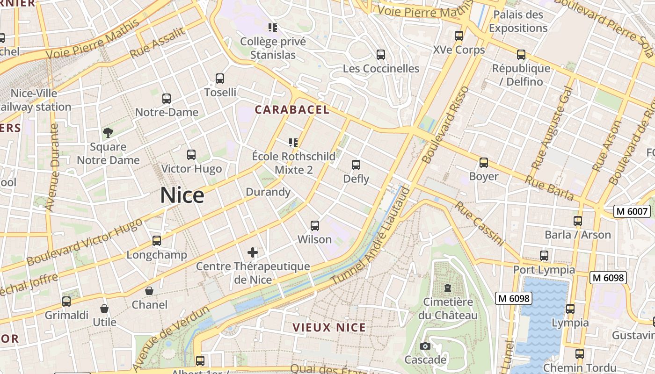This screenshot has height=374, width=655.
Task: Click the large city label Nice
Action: click(182, 195)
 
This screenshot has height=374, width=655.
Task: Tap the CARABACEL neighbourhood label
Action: click(292, 110)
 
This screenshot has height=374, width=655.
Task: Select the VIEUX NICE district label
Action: click(329, 327)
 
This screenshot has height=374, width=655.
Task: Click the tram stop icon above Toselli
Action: click(220, 79)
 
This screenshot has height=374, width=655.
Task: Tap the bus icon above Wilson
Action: click(315, 226)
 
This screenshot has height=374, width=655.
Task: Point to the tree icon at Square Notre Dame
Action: click(108, 133)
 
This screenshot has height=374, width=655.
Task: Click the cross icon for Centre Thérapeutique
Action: click(253, 253)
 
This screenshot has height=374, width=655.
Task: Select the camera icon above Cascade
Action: click(425, 346)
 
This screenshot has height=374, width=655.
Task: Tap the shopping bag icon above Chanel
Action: click(149, 291)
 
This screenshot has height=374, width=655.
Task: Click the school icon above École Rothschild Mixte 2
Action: click(293, 143)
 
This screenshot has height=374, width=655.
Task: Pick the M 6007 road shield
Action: click(632, 211)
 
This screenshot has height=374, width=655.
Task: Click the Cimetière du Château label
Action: click(448, 309)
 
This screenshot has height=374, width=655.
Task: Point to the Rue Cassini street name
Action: click(480, 223)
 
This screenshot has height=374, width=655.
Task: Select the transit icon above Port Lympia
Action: click(544, 256)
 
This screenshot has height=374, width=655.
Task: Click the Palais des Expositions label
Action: click(518, 22)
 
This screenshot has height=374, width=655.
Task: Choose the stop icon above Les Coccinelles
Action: click(381, 55)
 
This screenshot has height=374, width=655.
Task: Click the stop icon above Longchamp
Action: click(157, 241)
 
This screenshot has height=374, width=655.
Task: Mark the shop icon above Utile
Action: click(104, 309)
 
